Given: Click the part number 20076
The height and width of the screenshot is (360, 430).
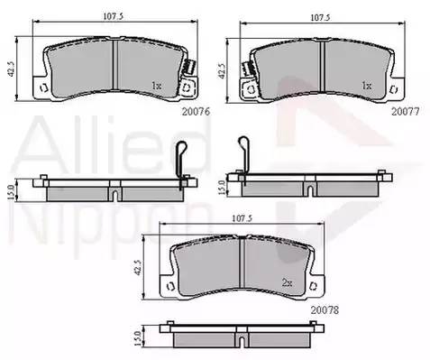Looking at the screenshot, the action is (196, 112).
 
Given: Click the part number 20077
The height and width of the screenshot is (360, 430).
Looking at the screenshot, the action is (405, 112).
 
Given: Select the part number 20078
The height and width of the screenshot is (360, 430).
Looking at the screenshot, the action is (325, 310).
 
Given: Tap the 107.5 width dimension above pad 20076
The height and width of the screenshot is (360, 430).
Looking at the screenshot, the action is (114, 16).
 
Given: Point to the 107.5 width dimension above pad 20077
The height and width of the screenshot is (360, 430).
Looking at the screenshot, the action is (320, 18).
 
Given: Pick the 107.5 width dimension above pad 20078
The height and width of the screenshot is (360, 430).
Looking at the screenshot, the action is (242, 218).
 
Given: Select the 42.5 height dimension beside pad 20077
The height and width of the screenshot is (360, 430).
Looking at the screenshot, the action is (222, 71).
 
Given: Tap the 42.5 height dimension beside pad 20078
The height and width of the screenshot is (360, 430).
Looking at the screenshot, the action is (138, 268).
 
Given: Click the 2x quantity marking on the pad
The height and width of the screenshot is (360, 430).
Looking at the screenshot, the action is (287, 282).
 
